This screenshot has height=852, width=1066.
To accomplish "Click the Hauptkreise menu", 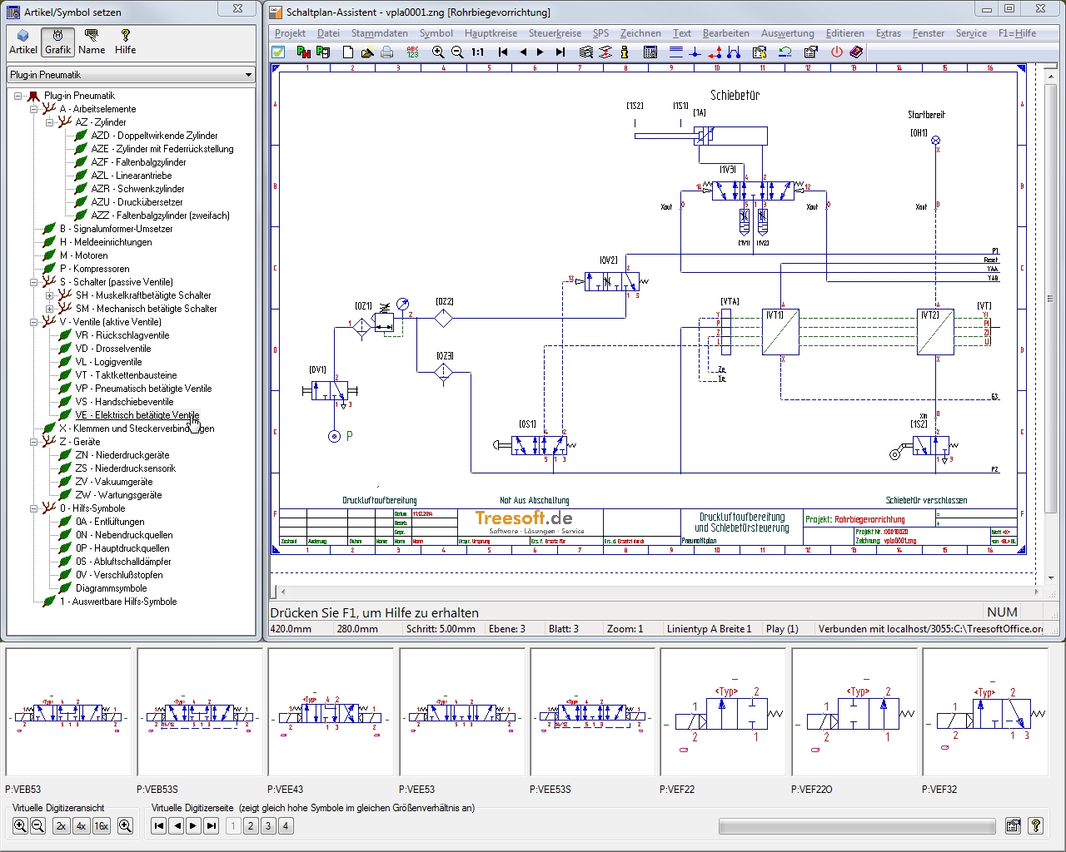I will click(491, 33).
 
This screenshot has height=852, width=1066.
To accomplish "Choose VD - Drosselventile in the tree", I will click(112, 349).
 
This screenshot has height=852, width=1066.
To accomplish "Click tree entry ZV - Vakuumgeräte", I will click(113, 482).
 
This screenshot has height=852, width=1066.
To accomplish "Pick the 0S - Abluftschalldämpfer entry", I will click(122, 562).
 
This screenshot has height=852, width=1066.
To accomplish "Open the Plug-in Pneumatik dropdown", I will click(131, 75).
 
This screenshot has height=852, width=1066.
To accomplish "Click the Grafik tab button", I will click(58, 42).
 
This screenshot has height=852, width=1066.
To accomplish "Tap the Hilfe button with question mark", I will click(125, 42).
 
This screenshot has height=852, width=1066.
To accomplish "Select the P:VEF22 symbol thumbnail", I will click(723, 712).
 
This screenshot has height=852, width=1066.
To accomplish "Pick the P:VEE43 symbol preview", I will click(331, 712).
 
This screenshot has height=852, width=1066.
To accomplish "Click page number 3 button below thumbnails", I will click(268, 826).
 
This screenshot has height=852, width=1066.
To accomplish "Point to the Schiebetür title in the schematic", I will click(735, 96).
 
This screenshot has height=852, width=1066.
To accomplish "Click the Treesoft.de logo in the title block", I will click(524, 519).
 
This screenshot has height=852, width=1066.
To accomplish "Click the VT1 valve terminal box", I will click(780, 332).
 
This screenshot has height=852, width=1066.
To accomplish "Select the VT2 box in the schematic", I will click(935, 332).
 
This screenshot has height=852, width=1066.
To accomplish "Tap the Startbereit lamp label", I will click(926, 115).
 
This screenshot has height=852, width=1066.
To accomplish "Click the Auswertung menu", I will click(787, 33).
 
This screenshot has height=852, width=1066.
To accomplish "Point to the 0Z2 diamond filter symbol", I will click(443, 319).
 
